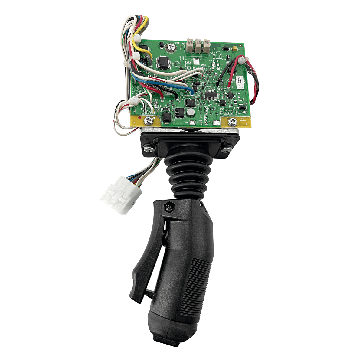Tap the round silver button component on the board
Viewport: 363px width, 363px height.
[190, 113]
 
